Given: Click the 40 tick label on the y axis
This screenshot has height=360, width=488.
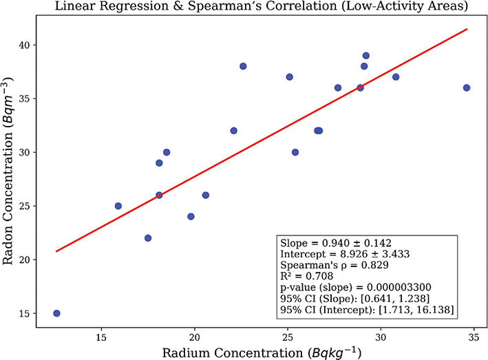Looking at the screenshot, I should (26, 45).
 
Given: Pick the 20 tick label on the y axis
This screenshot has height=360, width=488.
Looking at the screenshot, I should (26, 260).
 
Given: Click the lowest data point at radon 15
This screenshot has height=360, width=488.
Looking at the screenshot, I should (56, 313).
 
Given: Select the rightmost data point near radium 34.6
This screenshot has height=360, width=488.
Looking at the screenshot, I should (467, 87).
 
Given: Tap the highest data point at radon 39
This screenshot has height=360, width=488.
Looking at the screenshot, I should (366, 56).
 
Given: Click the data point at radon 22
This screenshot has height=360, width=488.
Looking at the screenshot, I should (148, 238).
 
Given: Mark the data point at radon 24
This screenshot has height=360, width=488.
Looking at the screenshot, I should (191, 216).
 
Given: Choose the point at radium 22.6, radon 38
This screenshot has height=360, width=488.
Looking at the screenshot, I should (243, 66).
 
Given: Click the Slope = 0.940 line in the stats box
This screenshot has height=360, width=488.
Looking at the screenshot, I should (326, 244).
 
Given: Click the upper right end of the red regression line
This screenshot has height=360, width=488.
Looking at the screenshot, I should (467, 29).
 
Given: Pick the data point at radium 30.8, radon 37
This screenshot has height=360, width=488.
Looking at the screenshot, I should (396, 77).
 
